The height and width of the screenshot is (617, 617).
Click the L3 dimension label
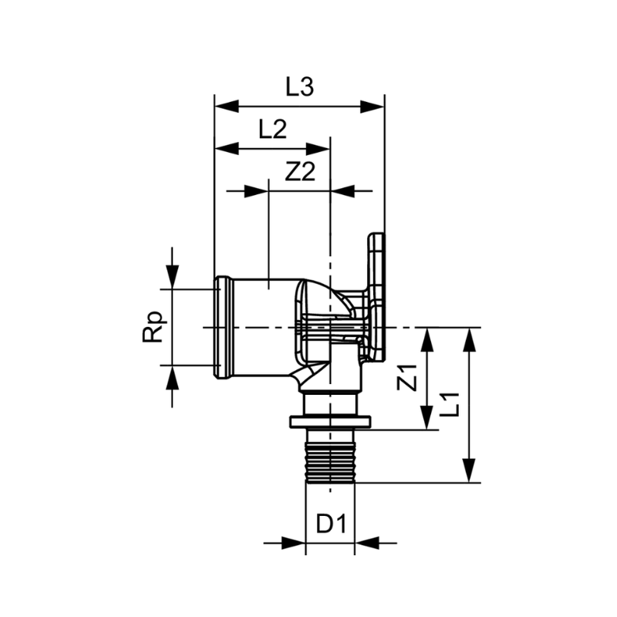point(299,88)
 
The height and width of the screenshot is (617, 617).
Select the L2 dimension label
point(272,129)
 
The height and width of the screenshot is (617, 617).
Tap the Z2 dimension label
point(301,173)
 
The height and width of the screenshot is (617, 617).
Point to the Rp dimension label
point(153,326)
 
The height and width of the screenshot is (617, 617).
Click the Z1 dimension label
point(410,377)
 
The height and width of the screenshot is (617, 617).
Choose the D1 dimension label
point(331,525)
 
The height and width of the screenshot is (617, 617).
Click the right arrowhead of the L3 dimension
point(373,106)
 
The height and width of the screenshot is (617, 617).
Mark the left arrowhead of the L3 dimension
point(225,106)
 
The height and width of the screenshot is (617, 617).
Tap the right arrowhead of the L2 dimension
point(319,147)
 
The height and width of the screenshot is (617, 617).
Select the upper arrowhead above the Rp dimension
point(171,276)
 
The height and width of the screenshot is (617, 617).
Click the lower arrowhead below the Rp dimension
point(171,377)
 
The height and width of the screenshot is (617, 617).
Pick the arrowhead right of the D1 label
point(366,543)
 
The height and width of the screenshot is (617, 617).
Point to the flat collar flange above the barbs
point(330,422)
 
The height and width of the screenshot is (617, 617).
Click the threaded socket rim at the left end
point(223,327)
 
